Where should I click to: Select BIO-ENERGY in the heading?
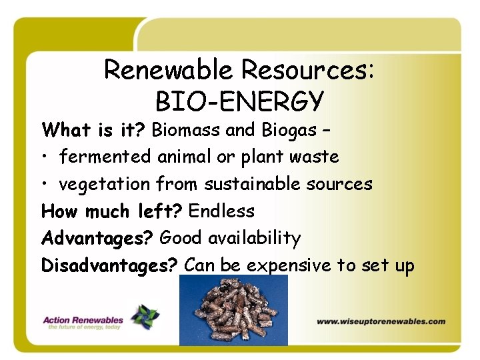click(x=239, y=101)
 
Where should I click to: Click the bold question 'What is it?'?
click(x=94, y=130)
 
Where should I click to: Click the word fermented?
click(x=105, y=157)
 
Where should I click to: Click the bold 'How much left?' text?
click(x=112, y=212)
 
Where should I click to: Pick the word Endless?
click(x=221, y=211)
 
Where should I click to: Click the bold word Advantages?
click(x=99, y=239)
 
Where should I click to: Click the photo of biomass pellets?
click(x=233, y=310)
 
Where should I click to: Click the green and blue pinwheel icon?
click(x=145, y=317)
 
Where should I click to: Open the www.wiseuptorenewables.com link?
click(x=381, y=321)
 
